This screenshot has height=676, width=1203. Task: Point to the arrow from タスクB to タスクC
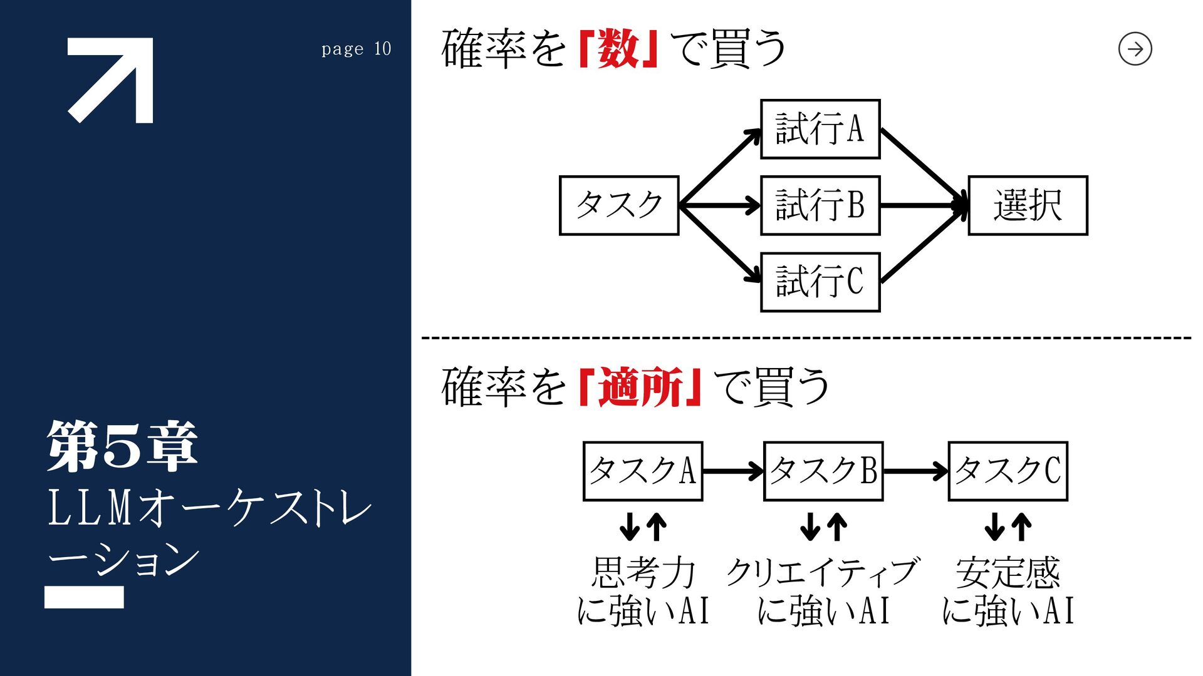915,471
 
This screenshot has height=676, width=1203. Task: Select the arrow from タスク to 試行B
720,205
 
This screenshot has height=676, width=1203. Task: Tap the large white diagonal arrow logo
110,80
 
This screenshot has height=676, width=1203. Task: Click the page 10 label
356,49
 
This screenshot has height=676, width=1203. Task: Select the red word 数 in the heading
618,49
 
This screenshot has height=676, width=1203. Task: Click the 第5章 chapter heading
123,446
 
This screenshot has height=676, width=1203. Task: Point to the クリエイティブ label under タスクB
822,572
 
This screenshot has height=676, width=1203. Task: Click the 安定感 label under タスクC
1008,572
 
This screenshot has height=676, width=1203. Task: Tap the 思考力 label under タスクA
643,572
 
